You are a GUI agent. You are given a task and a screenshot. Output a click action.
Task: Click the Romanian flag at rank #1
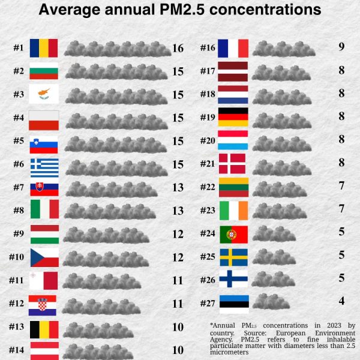[44, 48]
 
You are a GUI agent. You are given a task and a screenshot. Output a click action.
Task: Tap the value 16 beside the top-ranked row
[178, 49]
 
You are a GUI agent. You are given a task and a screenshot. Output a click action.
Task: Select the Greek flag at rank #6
[44, 164]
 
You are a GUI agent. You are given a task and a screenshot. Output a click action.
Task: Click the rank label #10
[16, 257]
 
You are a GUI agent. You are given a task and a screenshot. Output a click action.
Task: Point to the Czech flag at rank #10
[44, 257]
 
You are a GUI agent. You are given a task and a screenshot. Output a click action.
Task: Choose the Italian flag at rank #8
[44, 211]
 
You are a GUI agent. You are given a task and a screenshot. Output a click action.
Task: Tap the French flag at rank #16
[233, 47]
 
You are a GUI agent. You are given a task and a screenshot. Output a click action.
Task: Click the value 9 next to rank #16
[341, 47]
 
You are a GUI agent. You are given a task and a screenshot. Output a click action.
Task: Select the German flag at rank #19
[233, 116]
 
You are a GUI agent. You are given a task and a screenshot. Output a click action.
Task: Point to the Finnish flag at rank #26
[233, 278]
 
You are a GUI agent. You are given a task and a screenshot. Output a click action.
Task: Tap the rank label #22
[208, 186]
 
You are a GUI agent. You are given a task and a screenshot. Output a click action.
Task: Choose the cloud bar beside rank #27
[268, 301]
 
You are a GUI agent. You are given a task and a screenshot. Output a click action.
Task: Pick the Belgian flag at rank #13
[44, 327]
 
